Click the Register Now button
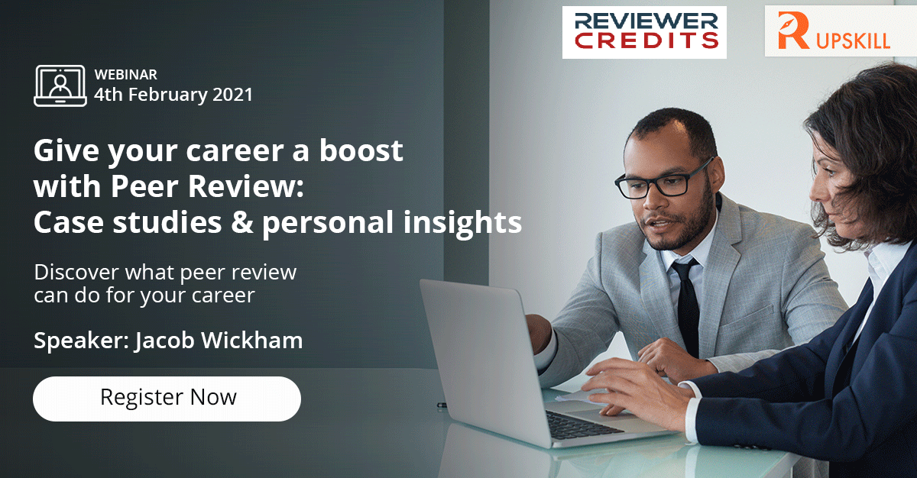(167, 399)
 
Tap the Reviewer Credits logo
(644, 32)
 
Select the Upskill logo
(840, 31)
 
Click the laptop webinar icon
(60, 86)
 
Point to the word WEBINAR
(125, 74)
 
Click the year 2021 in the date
(232, 95)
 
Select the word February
(168, 95)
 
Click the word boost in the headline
(361, 150)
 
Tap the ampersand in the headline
(241, 222)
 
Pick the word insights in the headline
(462, 223)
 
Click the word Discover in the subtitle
(76, 273)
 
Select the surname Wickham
(251, 341)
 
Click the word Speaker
(82, 341)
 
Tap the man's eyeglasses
(664, 180)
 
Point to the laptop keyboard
(583, 425)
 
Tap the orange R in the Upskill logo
(792, 31)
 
